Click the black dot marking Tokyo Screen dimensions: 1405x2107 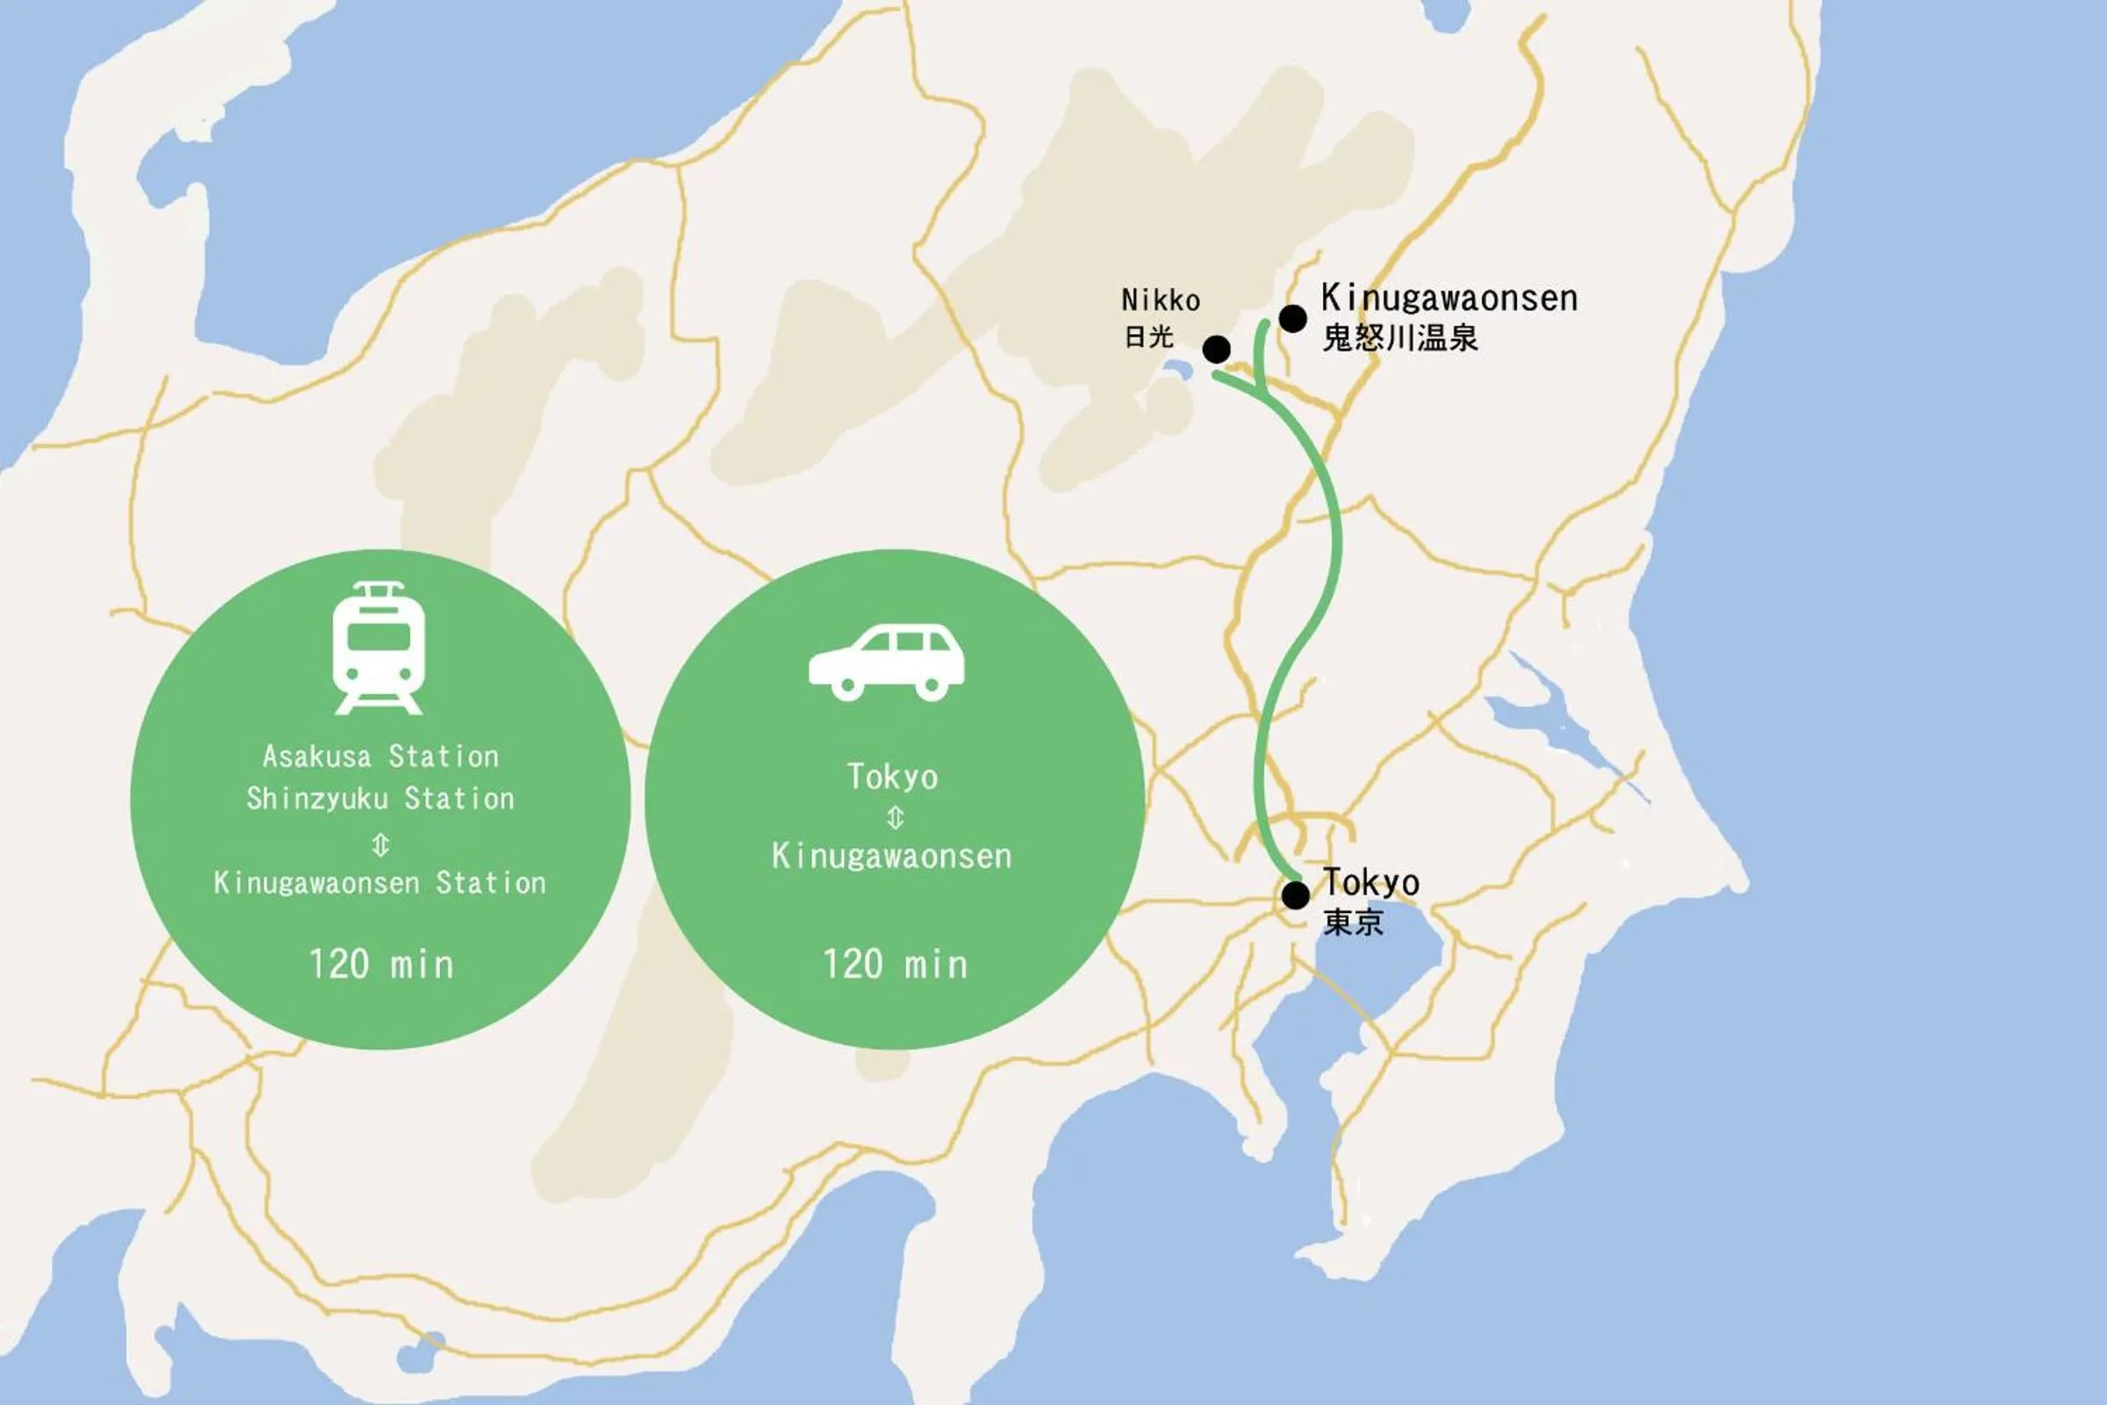tap(1296, 894)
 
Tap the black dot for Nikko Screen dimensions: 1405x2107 tap(1217, 349)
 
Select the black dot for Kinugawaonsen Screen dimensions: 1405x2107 tap(1292, 318)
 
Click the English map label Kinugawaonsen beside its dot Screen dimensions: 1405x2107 tap(1449, 299)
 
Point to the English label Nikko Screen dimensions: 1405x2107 tap(1160, 299)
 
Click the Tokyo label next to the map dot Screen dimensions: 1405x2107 tap(1370, 883)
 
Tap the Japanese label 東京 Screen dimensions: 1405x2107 tap(1353, 922)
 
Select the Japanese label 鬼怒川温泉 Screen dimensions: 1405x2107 tap(1399, 338)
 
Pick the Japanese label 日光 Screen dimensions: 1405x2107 tap(1148, 337)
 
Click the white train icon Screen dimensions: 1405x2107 tap(379, 648)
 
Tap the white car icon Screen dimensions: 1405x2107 tap(887, 662)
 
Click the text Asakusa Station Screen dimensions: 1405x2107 tap(381, 757)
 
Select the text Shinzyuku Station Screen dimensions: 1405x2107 tap(381, 798)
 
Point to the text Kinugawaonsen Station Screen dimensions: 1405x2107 tap(380, 883)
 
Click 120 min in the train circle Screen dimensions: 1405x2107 tap(381, 965)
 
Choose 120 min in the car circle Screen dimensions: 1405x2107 tap(895, 965)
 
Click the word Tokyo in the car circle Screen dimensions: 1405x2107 tap(893, 777)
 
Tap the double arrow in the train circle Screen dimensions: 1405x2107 tap(381, 843)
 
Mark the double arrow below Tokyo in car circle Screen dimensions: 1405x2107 tap(895, 818)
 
